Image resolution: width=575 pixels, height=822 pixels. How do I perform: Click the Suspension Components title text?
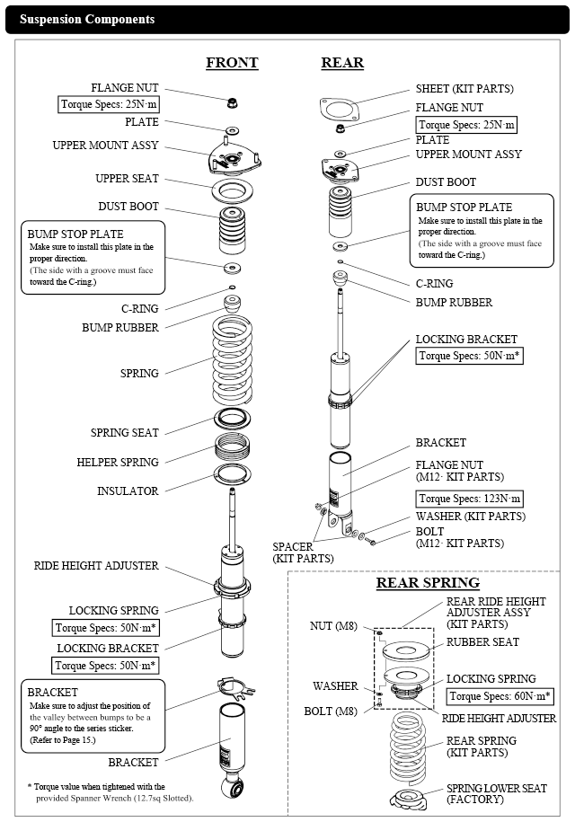coord(87,19)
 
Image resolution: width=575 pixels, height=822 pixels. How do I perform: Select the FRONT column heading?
coord(232,63)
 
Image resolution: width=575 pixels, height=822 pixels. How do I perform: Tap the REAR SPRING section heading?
coord(427,583)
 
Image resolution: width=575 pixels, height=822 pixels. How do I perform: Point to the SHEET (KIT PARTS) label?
coord(464,89)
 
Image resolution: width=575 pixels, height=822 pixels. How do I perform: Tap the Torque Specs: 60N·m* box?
coord(500,696)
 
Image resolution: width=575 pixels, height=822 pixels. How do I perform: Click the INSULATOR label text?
coord(128,491)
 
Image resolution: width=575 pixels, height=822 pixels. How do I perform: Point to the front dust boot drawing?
coord(232,232)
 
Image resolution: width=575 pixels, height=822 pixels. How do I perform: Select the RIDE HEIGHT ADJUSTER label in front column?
coord(97,566)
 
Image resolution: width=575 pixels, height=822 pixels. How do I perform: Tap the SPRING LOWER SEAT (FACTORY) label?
coord(496,794)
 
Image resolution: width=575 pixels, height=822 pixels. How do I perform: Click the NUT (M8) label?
coord(332,625)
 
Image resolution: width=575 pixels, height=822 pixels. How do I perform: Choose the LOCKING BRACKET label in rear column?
coord(466,340)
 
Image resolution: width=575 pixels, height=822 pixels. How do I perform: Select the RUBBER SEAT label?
coord(482,642)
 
